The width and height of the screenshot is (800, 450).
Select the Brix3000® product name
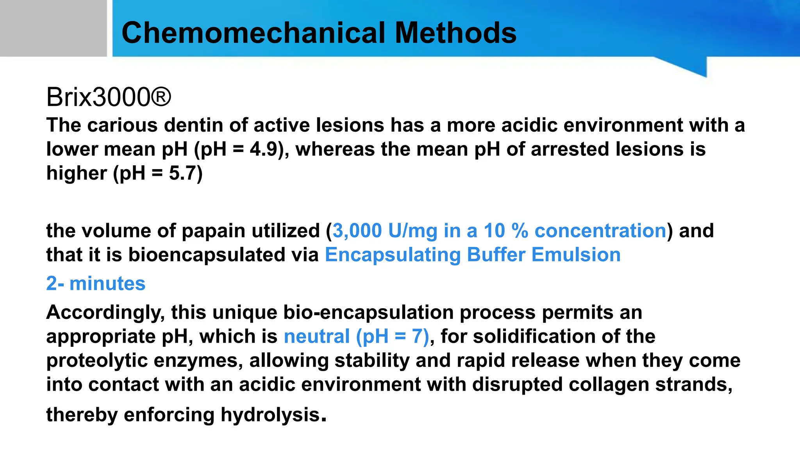109,97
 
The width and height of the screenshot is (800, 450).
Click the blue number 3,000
357,230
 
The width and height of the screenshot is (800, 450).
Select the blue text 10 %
506,230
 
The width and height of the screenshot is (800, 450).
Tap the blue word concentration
600,230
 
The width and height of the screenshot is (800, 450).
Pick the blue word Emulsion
576,255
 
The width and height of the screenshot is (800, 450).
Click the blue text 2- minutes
96,283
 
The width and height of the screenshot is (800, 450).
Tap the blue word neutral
316,336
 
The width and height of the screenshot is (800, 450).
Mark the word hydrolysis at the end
270,414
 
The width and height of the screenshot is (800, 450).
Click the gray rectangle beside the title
53,28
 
